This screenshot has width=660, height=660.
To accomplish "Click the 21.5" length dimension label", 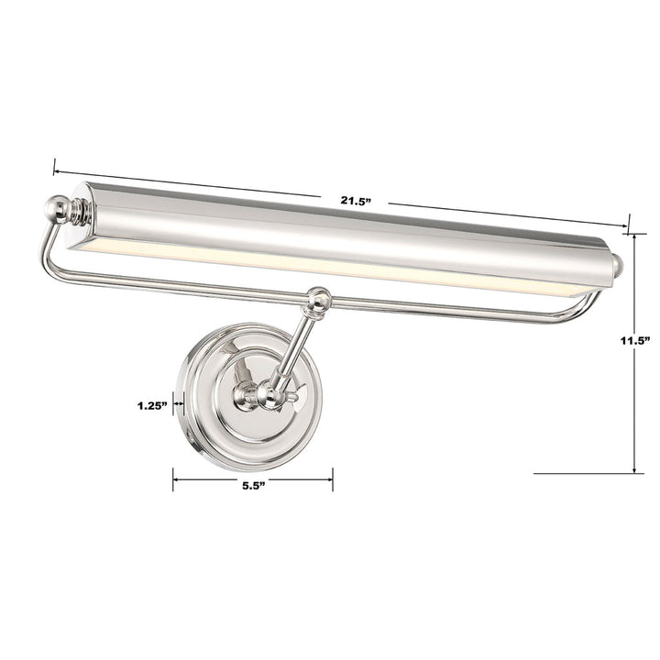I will [354, 201].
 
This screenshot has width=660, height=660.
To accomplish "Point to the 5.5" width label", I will [254, 487].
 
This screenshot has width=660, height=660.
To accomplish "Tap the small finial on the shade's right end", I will [619, 265].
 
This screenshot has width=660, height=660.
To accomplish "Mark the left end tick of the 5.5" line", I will [174, 478].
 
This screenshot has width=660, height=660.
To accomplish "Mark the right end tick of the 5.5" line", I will [333, 478].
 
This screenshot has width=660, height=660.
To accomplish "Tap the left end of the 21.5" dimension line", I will [55, 170].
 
